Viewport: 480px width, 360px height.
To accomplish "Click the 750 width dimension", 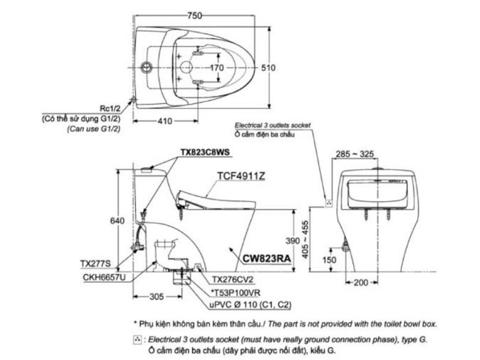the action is tap(195, 15).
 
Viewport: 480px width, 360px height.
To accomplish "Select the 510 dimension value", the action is tap(268, 68).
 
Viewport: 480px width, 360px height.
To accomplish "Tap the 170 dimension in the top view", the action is tap(217, 68).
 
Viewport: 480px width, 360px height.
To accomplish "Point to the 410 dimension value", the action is tap(165, 121).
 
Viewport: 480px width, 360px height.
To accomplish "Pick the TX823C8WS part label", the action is tap(205, 152).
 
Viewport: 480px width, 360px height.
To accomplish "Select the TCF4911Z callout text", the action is tap(241, 176).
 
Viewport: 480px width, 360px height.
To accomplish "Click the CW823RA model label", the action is tap(266, 258).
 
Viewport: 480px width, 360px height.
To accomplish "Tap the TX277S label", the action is tap(95, 263).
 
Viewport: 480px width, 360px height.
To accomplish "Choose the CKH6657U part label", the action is tap(104, 277).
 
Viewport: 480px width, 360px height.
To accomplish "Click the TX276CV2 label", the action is tap(233, 279).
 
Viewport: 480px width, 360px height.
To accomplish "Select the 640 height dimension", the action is tap(117, 221).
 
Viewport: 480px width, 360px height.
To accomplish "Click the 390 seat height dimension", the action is tap(293, 241).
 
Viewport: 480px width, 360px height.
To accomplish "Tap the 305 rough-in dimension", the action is tap(157, 297).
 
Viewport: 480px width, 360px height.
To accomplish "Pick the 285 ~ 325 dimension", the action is tap(355, 154).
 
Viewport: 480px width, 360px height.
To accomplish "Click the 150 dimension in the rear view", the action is tap(329, 260).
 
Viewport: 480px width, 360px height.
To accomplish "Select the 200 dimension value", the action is tap(361, 282).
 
